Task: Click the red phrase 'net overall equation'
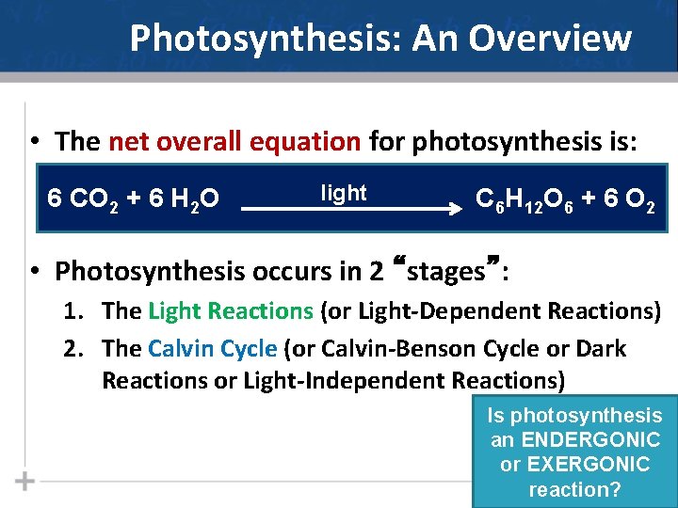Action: click(234, 142)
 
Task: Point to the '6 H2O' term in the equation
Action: click(185, 199)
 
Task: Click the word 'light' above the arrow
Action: click(344, 193)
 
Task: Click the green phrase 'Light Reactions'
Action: click(231, 310)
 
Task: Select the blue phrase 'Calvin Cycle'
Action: click(213, 349)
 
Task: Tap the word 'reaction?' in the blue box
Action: click(574, 489)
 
